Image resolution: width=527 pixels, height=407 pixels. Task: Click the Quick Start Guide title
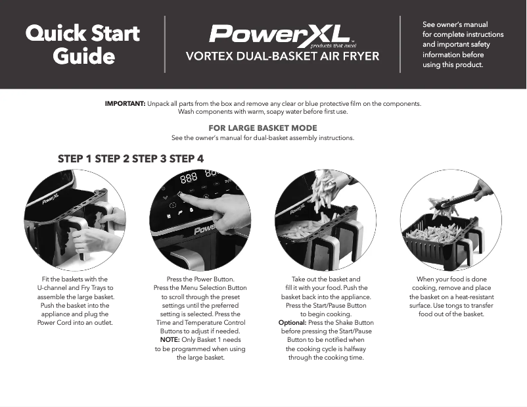point(83,44)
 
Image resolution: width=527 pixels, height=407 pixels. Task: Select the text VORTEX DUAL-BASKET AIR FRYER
point(283,57)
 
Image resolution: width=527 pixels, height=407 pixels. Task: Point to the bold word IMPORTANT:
point(125,104)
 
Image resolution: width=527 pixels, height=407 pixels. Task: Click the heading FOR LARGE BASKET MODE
point(263,128)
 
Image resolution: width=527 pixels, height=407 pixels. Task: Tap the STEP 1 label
point(75,158)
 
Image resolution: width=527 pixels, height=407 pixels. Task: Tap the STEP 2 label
point(112,158)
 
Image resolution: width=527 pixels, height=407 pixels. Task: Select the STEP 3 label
point(149,158)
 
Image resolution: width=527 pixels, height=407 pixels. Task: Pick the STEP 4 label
point(187,158)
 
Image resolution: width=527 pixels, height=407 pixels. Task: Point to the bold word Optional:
point(292,323)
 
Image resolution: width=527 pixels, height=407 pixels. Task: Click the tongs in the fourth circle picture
point(460,199)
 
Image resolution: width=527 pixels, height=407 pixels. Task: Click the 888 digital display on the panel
point(189,178)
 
